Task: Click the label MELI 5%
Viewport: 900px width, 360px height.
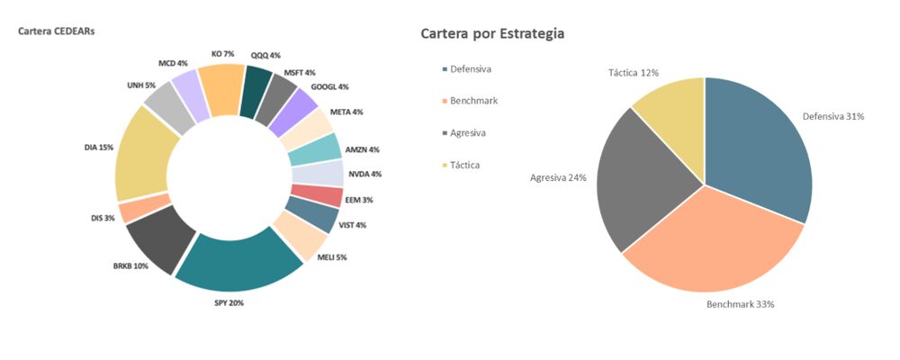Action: [332, 257]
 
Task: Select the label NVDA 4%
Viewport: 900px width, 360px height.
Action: [364, 174]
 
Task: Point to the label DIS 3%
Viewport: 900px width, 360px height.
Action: [103, 218]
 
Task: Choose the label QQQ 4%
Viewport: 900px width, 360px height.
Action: [265, 55]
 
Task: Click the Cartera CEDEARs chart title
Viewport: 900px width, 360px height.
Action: [57, 31]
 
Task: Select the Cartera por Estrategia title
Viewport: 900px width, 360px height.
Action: [492, 33]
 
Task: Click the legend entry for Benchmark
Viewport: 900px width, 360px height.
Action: [472, 101]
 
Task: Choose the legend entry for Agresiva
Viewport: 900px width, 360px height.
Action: [467, 132]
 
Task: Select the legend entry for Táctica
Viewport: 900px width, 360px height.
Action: [464, 165]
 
